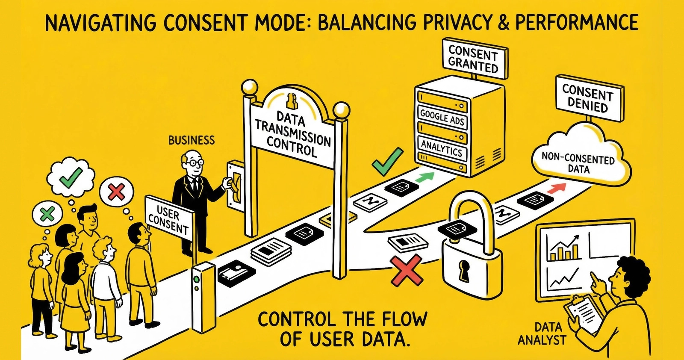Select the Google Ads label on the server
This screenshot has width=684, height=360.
442,117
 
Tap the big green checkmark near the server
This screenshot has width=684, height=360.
387,161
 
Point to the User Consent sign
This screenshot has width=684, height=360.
168,218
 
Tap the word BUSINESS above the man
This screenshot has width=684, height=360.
191,140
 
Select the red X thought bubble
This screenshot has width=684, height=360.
116,192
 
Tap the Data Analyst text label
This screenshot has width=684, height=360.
542,334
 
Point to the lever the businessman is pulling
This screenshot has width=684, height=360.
235,184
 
